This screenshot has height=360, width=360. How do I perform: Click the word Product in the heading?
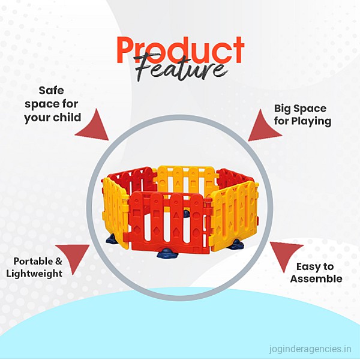(181, 50)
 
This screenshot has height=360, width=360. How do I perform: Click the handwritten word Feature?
(181, 67)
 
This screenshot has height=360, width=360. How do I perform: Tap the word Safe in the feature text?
(51, 90)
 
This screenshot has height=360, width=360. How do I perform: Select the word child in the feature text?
(67, 117)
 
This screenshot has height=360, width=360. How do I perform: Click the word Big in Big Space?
(283, 109)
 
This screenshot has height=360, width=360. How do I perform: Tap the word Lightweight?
(34, 274)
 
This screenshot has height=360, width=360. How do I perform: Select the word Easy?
(308, 267)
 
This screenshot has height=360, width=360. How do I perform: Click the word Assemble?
(316, 279)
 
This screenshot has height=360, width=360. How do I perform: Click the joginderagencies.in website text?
(310, 349)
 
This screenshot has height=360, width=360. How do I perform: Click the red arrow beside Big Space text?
(264, 127)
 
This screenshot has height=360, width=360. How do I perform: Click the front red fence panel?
(169, 223)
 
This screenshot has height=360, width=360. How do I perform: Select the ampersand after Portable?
(59, 261)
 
